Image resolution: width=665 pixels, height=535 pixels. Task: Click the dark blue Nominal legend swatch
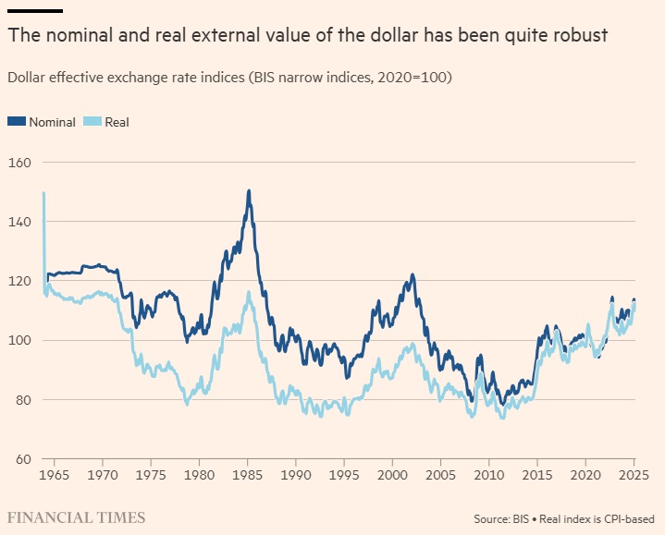click(17, 122)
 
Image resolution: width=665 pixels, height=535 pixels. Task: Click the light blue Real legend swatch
click(92, 122)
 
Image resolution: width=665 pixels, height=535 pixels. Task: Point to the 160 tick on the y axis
click(20, 163)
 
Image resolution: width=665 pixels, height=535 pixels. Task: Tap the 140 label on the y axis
click(20, 222)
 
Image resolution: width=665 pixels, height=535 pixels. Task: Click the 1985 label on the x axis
click(248, 475)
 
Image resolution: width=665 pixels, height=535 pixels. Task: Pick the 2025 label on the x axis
click(634, 475)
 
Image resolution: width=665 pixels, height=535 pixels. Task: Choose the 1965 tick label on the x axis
click(55, 475)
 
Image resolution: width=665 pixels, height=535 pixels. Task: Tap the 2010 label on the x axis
click(489, 475)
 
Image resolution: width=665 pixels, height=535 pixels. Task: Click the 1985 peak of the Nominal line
click(249, 191)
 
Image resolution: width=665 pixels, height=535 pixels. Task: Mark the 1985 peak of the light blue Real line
click(249, 293)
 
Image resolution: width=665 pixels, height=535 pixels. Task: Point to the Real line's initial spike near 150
click(43, 193)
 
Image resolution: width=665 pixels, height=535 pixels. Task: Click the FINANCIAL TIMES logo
click(77, 517)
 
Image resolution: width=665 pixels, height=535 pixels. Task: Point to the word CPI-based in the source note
click(630, 519)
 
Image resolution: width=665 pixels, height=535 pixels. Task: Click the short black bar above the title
click(35, 11)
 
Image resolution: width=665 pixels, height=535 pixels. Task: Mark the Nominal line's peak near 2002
click(413, 275)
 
